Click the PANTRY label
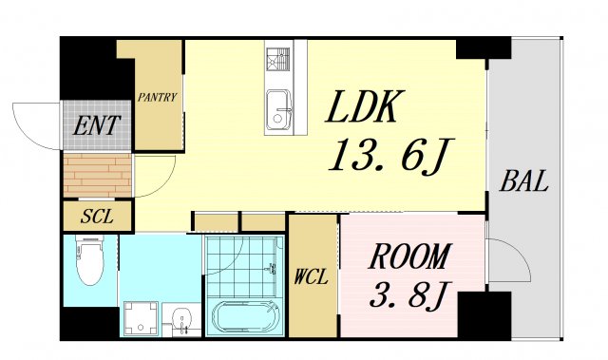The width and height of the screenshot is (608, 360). click(157, 97)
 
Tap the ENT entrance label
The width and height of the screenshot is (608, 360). click(97, 125)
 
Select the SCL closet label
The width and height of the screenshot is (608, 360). click(97, 217)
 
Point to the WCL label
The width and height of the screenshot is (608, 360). click(311, 276)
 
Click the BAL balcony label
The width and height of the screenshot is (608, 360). click(524, 181)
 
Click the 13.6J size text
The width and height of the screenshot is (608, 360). click(390, 155)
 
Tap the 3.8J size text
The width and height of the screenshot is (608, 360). click(408, 294)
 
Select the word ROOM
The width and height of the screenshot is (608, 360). click(410, 256)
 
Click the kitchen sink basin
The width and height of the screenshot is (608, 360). click(278, 110)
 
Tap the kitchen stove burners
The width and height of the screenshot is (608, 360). click(278, 59)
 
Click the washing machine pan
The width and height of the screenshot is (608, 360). click(142, 317)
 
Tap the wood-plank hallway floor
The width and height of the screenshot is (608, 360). click(97, 175)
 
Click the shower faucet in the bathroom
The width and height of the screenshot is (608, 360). click(273, 268)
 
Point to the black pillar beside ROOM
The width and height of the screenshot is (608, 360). click(484, 314)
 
